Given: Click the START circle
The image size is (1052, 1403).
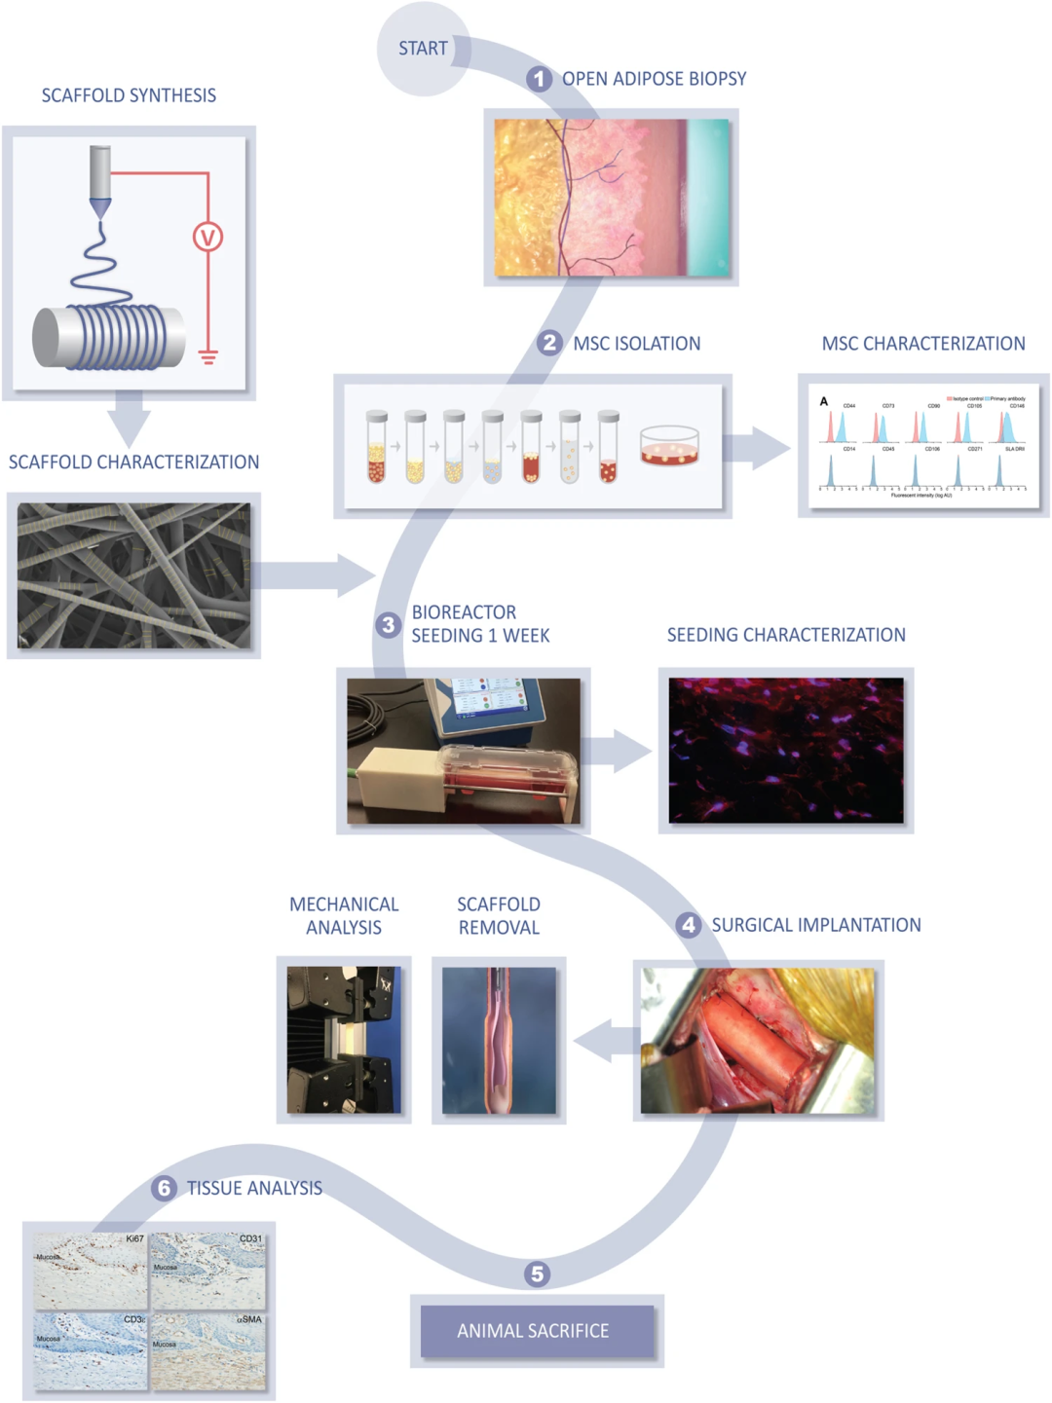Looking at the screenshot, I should click(x=423, y=49).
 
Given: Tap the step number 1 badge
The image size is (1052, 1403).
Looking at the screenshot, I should click(x=539, y=79).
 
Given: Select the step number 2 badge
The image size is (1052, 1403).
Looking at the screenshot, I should click(x=549, y=343).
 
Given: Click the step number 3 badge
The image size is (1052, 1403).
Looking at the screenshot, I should click(x=389, y=624).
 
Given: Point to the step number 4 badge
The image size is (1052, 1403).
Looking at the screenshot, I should click(x=689, y=925).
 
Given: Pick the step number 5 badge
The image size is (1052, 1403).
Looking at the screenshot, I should click(x=537, y=1274).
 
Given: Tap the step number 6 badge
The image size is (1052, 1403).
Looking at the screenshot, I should click(x=164, y=1188).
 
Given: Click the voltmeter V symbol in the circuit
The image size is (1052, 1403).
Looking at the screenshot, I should click(x=207, y=237).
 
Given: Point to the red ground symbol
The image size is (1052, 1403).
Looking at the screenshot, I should click(x=207, y=356).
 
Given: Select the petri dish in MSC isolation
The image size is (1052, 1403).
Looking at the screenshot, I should click(x=669, y=445).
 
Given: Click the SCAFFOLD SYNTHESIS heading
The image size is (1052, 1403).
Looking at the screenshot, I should click(x=129, y=95).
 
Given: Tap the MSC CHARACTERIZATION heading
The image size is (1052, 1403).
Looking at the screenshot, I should click(x=923, y=344).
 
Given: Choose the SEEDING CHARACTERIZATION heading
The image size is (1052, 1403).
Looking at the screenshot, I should click(x=786, y=635).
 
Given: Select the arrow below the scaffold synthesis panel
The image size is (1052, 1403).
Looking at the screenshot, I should click(x=128, y=419).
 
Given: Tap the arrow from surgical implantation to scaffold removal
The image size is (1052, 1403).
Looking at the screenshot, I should click(x=605, y=1042).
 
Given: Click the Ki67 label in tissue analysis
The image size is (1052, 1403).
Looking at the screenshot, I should click(x=134, y=1239).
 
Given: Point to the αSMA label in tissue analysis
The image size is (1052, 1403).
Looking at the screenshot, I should click(x=249, y=1319).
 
